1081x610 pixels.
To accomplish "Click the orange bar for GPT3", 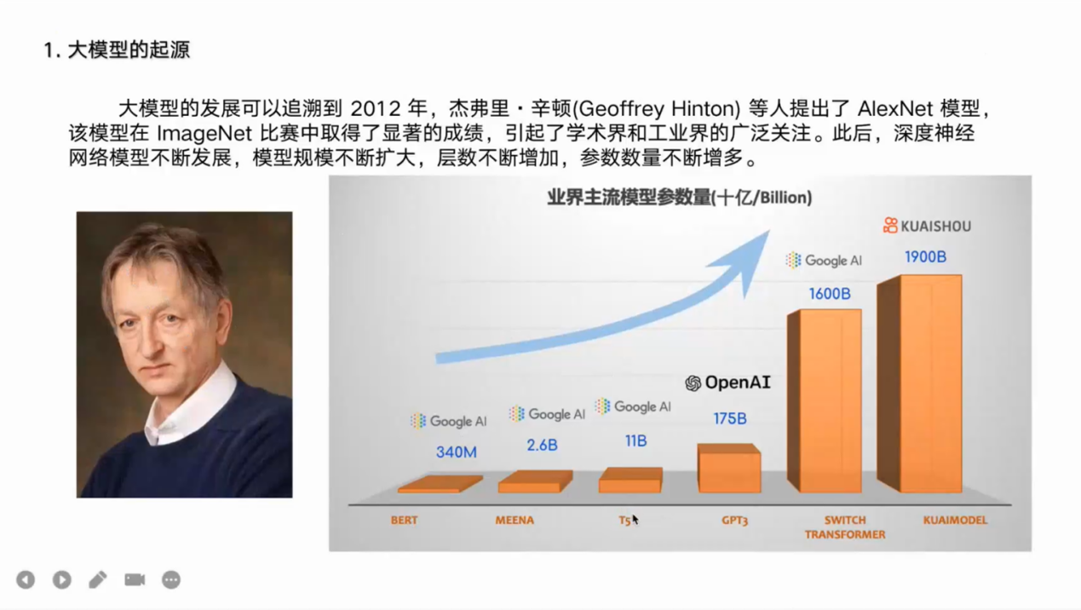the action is (729, 468).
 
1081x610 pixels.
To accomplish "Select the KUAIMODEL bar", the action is (919, 383).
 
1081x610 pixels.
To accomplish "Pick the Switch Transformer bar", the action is (825, 401).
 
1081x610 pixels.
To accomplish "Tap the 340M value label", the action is (456, 452).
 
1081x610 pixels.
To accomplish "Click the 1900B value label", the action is (925, 256).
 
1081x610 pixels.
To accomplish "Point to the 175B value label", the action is (730, 418).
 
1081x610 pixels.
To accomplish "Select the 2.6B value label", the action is (542, 445).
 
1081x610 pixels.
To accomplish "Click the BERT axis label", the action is (404, 521).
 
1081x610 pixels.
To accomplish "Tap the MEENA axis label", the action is (515, 521).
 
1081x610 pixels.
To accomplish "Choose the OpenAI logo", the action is (727, 383).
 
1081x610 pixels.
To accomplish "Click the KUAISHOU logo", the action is (927, 226).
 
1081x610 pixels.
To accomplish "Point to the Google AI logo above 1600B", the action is (824, 261).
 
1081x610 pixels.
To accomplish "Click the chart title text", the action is (680, 198).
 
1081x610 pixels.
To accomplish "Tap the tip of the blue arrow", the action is (769, 231).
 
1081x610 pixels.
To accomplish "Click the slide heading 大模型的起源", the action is (129, 49).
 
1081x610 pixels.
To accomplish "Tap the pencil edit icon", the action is (98, 579).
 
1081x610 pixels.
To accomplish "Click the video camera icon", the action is (135, 579).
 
